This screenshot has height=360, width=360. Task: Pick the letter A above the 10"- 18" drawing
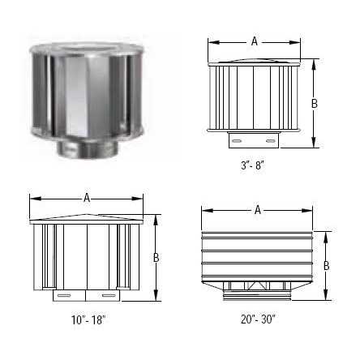tap(87, 196)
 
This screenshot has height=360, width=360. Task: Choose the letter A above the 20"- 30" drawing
tap(258, 210)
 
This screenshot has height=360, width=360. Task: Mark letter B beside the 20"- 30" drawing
tap(326, 265)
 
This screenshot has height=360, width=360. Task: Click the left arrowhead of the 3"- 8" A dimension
tap(211, 40)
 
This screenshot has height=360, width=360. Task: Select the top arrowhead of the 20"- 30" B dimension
tap(326, 234)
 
